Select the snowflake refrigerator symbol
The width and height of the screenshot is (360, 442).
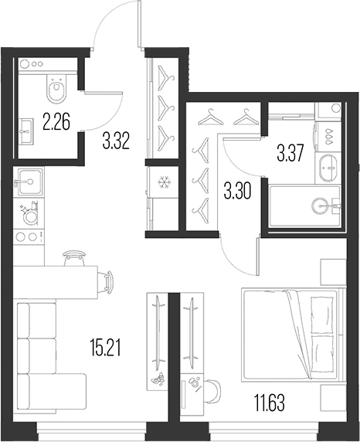(x=163, y=183)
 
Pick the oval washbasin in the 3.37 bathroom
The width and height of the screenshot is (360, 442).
(x=328, y=165)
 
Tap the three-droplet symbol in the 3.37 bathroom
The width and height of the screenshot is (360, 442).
(x=328, y=133)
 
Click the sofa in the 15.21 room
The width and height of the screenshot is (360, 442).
(x=47, y=350)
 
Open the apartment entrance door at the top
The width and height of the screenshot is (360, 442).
(x=117, y=31)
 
